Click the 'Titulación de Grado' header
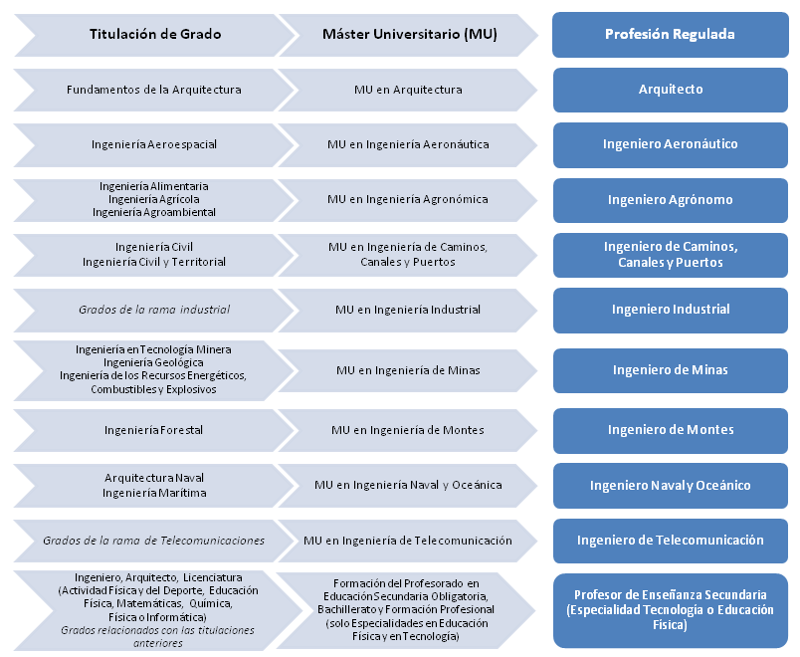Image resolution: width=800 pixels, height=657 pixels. click(154, 34)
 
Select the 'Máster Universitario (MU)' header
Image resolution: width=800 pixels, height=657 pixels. click(409, 34)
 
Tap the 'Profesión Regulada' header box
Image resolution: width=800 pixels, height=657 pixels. click(670, 34)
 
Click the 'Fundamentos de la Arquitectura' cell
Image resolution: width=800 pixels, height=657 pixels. click(154, 90)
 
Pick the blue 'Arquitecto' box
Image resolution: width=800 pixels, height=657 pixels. click(670, 90)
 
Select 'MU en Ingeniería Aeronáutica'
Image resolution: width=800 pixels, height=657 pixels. click(408, 144)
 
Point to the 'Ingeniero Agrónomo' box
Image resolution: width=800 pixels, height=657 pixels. click(670, 199)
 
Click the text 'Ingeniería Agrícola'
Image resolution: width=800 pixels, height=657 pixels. click(154, 199)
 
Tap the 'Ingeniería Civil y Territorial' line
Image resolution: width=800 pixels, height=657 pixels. click(154, 262)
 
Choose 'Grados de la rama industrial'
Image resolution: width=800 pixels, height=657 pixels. click(154, 310)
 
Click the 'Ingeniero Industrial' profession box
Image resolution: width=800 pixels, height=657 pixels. click(670, 310)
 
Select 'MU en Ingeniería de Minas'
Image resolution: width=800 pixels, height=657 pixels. click(408, 370)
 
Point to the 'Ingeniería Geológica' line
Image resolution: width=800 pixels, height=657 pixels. click(154, 362)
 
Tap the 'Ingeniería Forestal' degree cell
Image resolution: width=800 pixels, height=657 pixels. click(154, 430)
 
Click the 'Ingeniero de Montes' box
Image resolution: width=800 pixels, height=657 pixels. click(670, 430)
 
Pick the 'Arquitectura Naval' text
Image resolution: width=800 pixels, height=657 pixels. click(154, 478)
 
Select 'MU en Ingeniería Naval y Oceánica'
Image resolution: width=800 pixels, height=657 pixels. click(408, 485)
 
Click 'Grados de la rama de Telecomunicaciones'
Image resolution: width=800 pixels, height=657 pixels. click(154, 541)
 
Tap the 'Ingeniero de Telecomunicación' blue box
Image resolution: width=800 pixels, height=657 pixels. click(670, 541)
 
